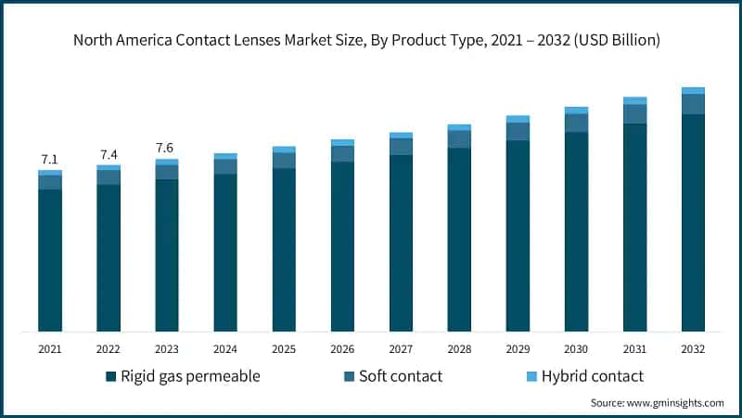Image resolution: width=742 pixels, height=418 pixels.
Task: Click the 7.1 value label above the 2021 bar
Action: coord(49,160)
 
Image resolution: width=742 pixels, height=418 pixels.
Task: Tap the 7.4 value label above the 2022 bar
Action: coord(108,154)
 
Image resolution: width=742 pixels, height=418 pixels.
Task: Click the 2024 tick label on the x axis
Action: coord(225,349)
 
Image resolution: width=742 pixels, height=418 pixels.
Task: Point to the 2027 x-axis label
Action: coord(401,349)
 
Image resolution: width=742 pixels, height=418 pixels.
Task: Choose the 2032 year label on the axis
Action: coord(693,349)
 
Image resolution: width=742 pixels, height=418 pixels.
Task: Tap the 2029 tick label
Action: coord(518,349)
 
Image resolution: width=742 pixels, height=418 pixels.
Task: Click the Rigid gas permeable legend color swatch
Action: coord(111,376)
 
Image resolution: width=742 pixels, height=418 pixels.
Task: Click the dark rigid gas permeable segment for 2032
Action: coord(693,223)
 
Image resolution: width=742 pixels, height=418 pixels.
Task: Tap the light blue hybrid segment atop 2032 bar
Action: coord(693,90)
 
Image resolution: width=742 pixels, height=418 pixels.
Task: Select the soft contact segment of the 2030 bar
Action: coord(576,123)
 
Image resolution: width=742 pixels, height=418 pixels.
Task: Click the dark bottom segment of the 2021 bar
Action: coord(49,260)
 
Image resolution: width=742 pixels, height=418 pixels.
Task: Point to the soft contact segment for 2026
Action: coord(342,153)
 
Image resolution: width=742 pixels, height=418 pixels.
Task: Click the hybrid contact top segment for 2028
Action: coord(459,127)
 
